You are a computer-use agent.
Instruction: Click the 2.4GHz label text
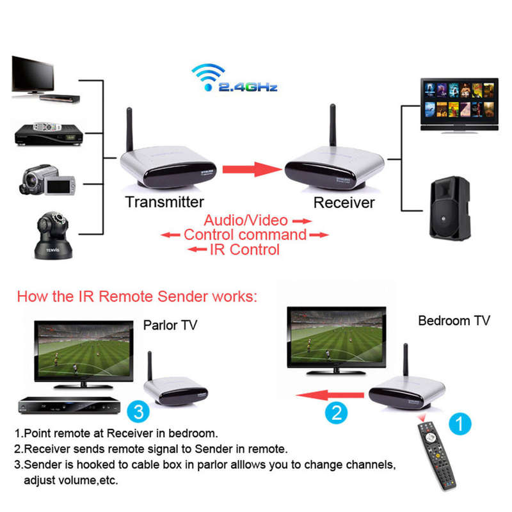(248, 87)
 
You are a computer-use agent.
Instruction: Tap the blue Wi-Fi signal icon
(209, 77)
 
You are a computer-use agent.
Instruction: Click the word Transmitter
(164, 202)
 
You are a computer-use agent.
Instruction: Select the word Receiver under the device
(344, 203)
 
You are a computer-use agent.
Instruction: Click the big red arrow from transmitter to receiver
(252, 169)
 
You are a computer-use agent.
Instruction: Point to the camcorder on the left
(47, 180)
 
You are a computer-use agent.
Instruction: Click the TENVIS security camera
(53, 236)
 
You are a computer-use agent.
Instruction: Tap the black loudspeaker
(450, 209)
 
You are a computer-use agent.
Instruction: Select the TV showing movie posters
(460, 105)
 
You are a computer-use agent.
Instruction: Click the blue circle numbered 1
(460, 424)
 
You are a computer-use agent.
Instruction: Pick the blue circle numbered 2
(337, 413)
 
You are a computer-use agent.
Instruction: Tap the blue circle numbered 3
(138, 412)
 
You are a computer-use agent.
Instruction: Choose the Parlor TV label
(170, 325)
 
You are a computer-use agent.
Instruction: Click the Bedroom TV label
(454, 321)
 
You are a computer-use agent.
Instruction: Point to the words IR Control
(245, 250)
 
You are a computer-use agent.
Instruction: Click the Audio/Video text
(246, 220)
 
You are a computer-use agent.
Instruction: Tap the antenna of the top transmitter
(129, 129)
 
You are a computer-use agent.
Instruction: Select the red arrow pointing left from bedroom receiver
(330, 395)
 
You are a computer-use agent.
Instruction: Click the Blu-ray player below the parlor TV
(69, 406)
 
